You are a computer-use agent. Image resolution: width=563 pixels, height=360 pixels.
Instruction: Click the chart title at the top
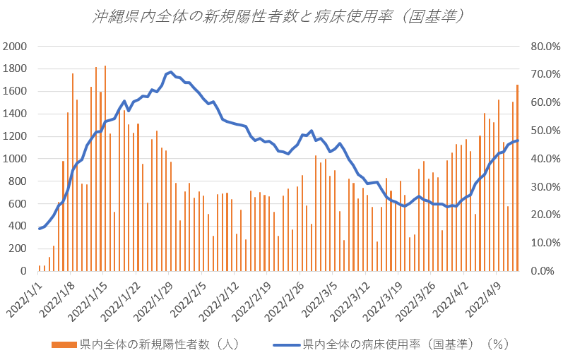point(280,16)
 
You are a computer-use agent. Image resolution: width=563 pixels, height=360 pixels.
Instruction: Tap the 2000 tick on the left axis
point(15,47)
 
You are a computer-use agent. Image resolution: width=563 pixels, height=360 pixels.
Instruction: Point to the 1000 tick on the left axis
point(15,159)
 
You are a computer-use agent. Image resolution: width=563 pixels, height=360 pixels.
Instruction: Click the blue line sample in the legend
point(286,344)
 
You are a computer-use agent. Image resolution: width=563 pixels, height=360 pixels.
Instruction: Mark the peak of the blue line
point(171,72)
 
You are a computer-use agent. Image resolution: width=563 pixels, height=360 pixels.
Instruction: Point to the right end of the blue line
point(518,140)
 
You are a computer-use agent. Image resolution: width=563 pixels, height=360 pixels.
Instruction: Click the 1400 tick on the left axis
point(15,114)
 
